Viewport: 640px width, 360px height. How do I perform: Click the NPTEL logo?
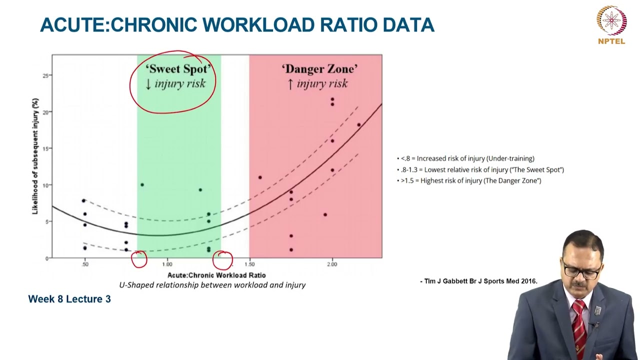coord(611,24)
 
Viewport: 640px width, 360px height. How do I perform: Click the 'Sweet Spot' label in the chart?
coord(179,69)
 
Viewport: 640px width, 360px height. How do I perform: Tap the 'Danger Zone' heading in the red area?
coord(319,69)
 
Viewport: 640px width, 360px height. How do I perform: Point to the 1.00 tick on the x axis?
coord(167,264)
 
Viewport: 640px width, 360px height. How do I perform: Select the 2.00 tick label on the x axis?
coord(332,264)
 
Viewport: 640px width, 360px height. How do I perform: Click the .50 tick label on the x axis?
coord(85,264)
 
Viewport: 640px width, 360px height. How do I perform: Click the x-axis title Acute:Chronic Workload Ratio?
coord(216,275)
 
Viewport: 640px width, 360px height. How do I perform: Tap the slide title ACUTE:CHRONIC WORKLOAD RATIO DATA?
coord(237,25)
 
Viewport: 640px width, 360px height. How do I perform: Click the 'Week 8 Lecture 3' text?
coord(69,299)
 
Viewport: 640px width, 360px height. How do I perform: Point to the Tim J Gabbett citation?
coord(478,281)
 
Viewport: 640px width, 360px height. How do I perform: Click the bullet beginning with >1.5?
coord(470,180)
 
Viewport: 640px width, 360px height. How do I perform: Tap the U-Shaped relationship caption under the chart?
coord(212,285)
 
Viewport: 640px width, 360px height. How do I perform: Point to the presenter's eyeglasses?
coord(582,272)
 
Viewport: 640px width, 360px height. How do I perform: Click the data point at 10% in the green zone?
coord(142,185)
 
